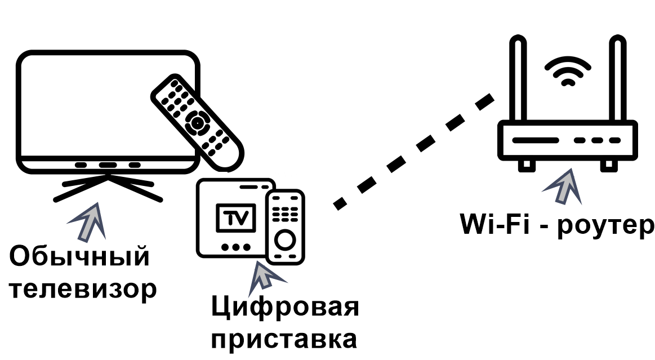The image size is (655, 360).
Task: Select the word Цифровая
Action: pos(284,309)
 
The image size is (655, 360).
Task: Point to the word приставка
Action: pos(284,340)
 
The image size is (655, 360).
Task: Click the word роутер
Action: pos(605,225)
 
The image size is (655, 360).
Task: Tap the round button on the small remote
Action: pos(285,240)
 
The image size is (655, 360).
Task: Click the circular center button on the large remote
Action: pos(197,122)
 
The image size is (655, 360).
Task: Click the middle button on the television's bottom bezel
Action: pos(108,166)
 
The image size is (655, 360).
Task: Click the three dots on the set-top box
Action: pos(235,247)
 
